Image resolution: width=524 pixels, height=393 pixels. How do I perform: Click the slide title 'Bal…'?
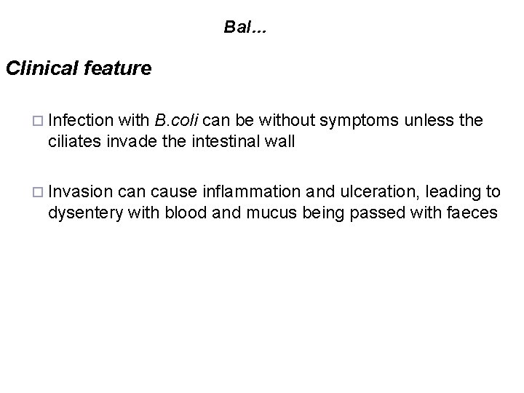click(245, 28)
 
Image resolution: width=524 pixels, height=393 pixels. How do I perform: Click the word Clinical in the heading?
click(41, 68)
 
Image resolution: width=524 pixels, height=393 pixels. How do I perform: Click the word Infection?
click(82, 120)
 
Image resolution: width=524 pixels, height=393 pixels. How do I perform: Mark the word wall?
click(281, 141)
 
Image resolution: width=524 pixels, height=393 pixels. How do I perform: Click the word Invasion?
click(81, 192)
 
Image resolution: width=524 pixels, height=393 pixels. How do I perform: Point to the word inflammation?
click(254, 192)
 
